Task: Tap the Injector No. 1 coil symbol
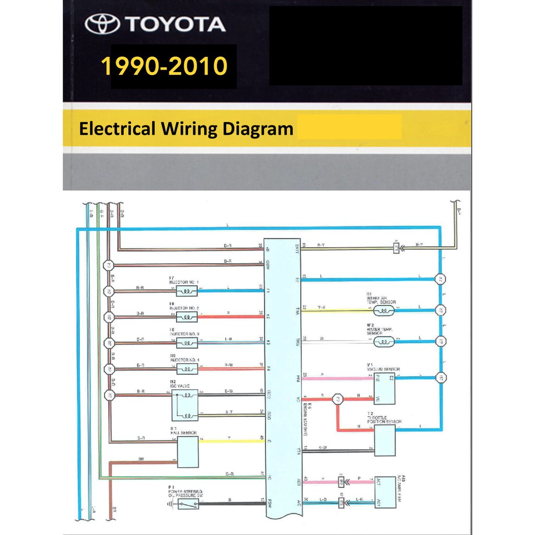coord(187,291)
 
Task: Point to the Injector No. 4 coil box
coord(187,369)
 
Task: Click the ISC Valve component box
coord(185,405)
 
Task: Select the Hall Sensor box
coord(188,452)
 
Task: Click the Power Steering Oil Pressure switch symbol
coord(187,504)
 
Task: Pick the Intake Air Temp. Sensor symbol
coord(384,310)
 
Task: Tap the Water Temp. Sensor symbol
coord(384,342)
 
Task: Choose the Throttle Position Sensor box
coord(384,440)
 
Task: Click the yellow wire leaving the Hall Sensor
coord(230,441)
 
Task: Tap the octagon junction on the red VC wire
coord(338,399)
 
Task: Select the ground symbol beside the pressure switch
coord(169,504)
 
